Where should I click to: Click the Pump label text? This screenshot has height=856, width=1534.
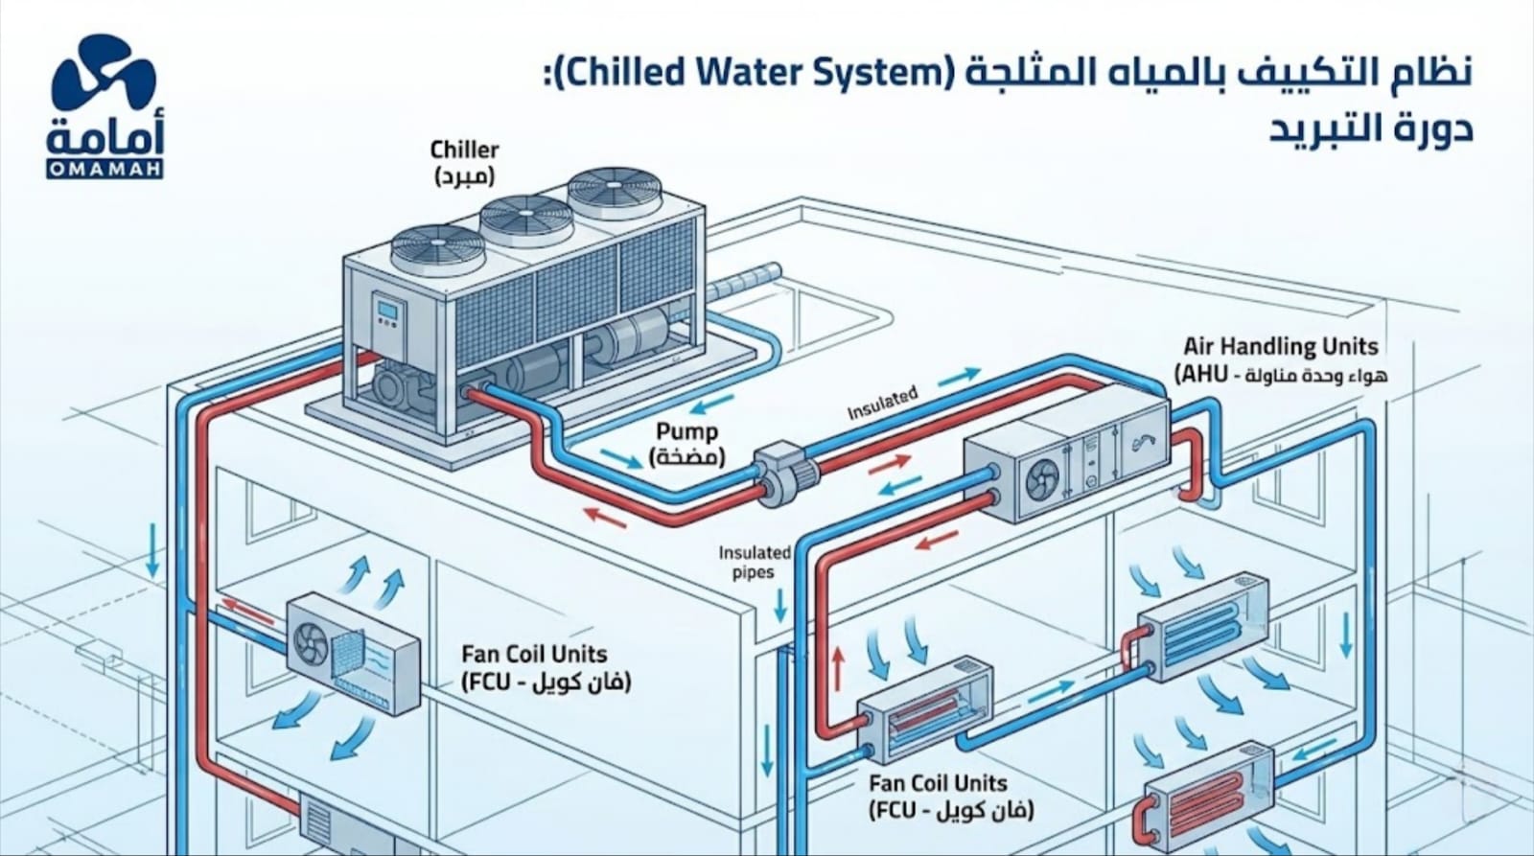(x=687, y=444)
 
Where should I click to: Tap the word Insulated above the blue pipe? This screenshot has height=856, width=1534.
(x=882, y=404)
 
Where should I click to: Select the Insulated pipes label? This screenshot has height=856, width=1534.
(x=755, y=563)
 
